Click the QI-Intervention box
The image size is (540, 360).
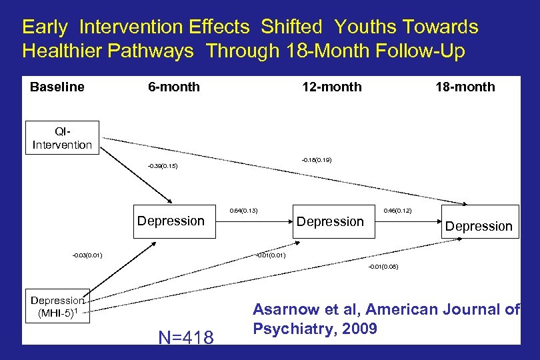tap(62, 138)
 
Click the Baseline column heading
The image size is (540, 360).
tap(57, 87)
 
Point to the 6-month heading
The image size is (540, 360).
tap(173, 87)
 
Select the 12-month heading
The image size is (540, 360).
tap(332, 87)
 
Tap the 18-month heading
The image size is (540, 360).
tap(465, 87)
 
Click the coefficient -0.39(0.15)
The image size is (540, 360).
tap(162, 166)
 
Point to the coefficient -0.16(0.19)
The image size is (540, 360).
tap(317, 160)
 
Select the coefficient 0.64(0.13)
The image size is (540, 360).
tap(243, 211)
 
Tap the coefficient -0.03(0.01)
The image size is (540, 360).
tap(87, 254)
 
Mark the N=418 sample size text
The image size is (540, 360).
tap(186, 338)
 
